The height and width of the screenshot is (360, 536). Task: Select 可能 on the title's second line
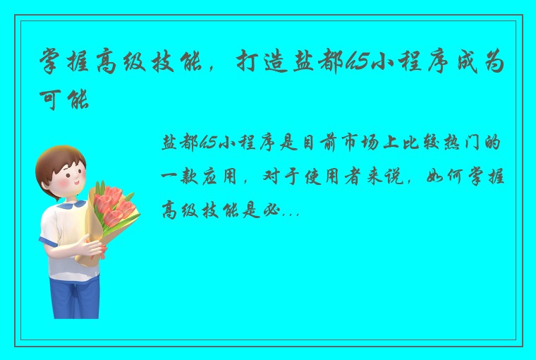click(x=66, y=100)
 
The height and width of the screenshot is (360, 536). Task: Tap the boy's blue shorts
click(x=74, y=289)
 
